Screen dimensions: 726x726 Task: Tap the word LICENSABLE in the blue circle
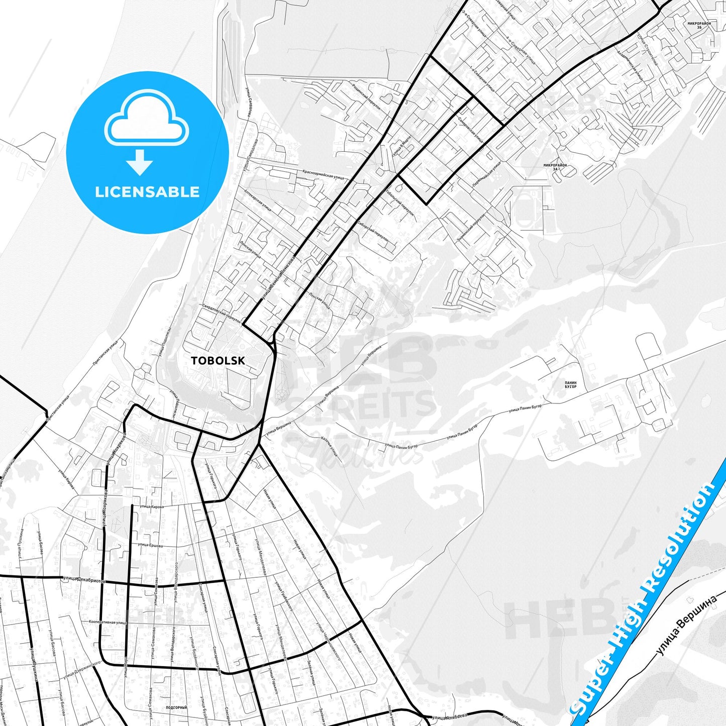click(147, 192)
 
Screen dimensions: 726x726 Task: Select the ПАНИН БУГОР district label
click(570, 385)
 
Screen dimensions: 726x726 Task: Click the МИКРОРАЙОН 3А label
click(555, 167)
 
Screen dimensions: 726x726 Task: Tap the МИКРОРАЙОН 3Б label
click(699, 25)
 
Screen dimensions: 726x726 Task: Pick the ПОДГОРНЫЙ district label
click(176, 707)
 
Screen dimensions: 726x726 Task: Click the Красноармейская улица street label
click(323, 174)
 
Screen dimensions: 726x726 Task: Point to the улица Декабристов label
click(84, 579)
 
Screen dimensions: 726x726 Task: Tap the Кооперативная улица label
click(107, 622)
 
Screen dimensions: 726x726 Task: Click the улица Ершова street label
click(150, 545)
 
